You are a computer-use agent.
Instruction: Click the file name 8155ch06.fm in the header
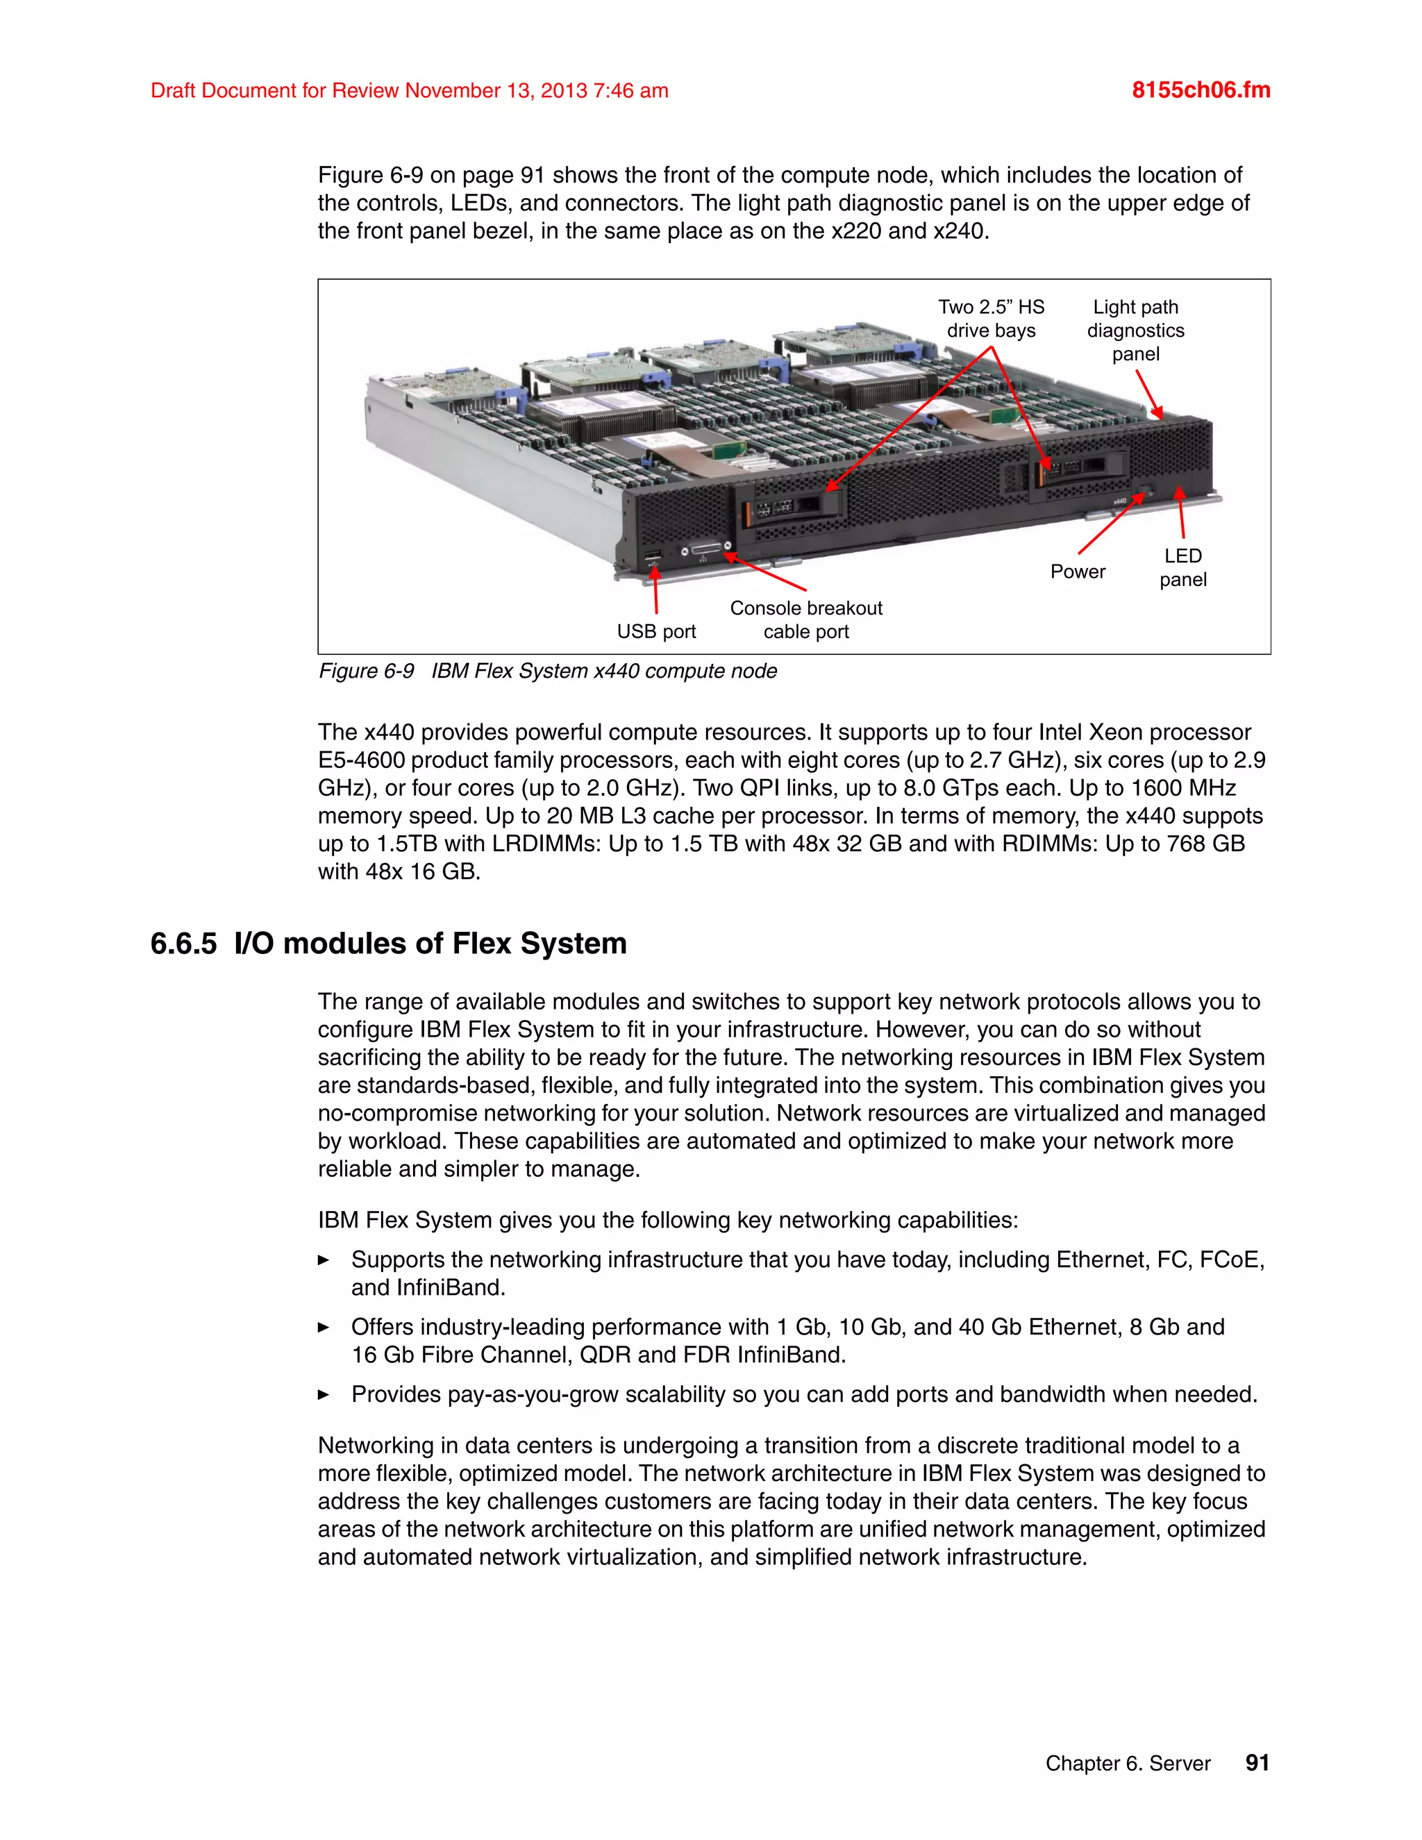tap(1201, 90)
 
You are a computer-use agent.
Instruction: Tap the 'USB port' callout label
tap(656, 631)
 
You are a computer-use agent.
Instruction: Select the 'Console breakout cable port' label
tap(805, 619)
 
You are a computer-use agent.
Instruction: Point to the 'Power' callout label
tap(1077, 571)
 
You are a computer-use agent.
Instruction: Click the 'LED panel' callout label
tap(1182, 567)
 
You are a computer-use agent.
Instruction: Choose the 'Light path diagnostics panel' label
tap(1135, 331)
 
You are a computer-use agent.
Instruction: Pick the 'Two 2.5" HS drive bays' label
tap(991, 319)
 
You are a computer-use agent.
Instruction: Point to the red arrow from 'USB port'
tap(655, 589)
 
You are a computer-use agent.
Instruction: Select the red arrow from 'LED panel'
tap(1181, 514)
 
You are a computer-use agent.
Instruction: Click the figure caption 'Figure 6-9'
tap(367, 671)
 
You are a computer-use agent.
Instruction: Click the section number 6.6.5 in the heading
tap(183, 943)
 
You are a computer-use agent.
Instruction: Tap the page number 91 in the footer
tap(1256, 1762)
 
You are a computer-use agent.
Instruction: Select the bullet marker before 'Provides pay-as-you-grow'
tap(324, 1394)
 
